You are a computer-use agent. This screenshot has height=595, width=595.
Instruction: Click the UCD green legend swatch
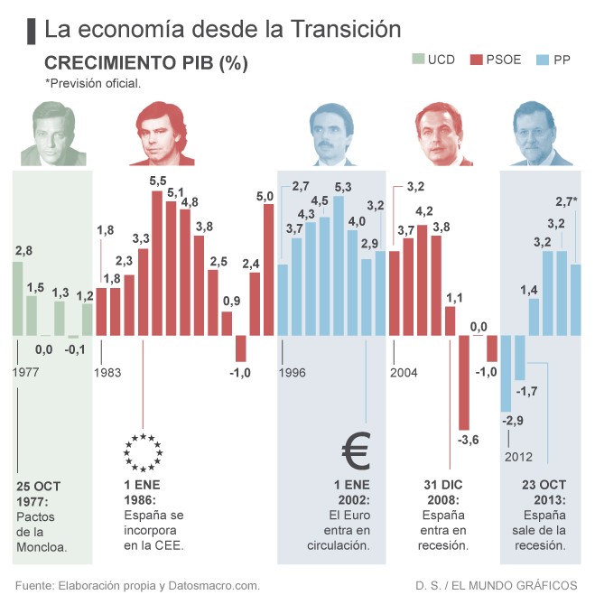(x=418, y=60)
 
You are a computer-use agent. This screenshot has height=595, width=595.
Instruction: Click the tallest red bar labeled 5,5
(x=157, y=262)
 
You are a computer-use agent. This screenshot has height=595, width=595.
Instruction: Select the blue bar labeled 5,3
(x=339, y=265)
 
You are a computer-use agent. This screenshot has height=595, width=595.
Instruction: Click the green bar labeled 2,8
(x=18, y=298)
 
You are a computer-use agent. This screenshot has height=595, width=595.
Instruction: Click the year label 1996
(x=293, y=371)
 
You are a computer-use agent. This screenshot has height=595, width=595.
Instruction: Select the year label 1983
(x=107, y=371)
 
